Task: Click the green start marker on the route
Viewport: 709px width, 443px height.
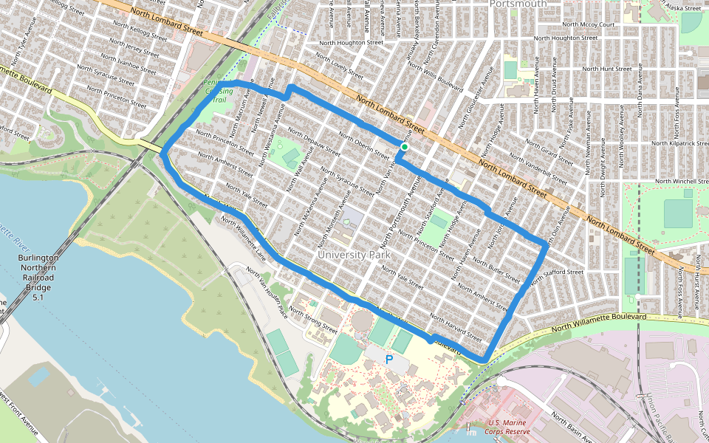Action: click(405, 148)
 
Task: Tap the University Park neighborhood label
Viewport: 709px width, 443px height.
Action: click(352, 255)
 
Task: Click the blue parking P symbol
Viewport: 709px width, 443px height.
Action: click(389, 360)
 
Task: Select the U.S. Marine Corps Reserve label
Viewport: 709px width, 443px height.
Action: click(510, 426)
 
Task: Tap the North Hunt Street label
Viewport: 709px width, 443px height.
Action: click(607, 68)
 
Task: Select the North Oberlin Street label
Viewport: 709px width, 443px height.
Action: click(363, 145)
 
